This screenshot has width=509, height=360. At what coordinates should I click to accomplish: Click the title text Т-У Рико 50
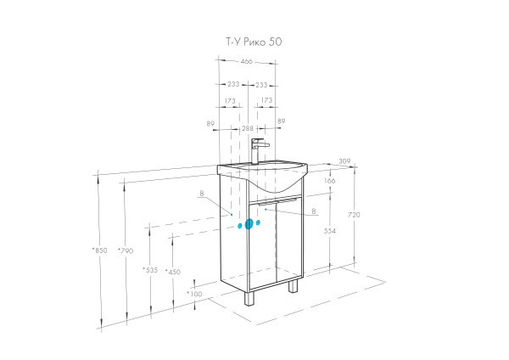coord(254,42)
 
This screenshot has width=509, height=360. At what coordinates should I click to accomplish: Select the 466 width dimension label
coord(246,61)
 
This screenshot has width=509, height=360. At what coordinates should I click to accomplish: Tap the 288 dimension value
coord(248,128)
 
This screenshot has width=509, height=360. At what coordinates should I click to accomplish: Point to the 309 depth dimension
coord(344,160)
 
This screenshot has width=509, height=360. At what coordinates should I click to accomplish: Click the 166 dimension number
coord(329,181)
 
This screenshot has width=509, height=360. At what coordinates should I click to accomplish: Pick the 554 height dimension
coord(330,231)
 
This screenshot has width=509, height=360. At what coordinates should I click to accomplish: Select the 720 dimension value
coord(354,215)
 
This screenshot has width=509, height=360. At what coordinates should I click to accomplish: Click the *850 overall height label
coord(99,250)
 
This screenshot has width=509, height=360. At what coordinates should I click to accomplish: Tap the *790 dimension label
coord(126,250)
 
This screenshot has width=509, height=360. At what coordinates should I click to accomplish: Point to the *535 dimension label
coord(150,270)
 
